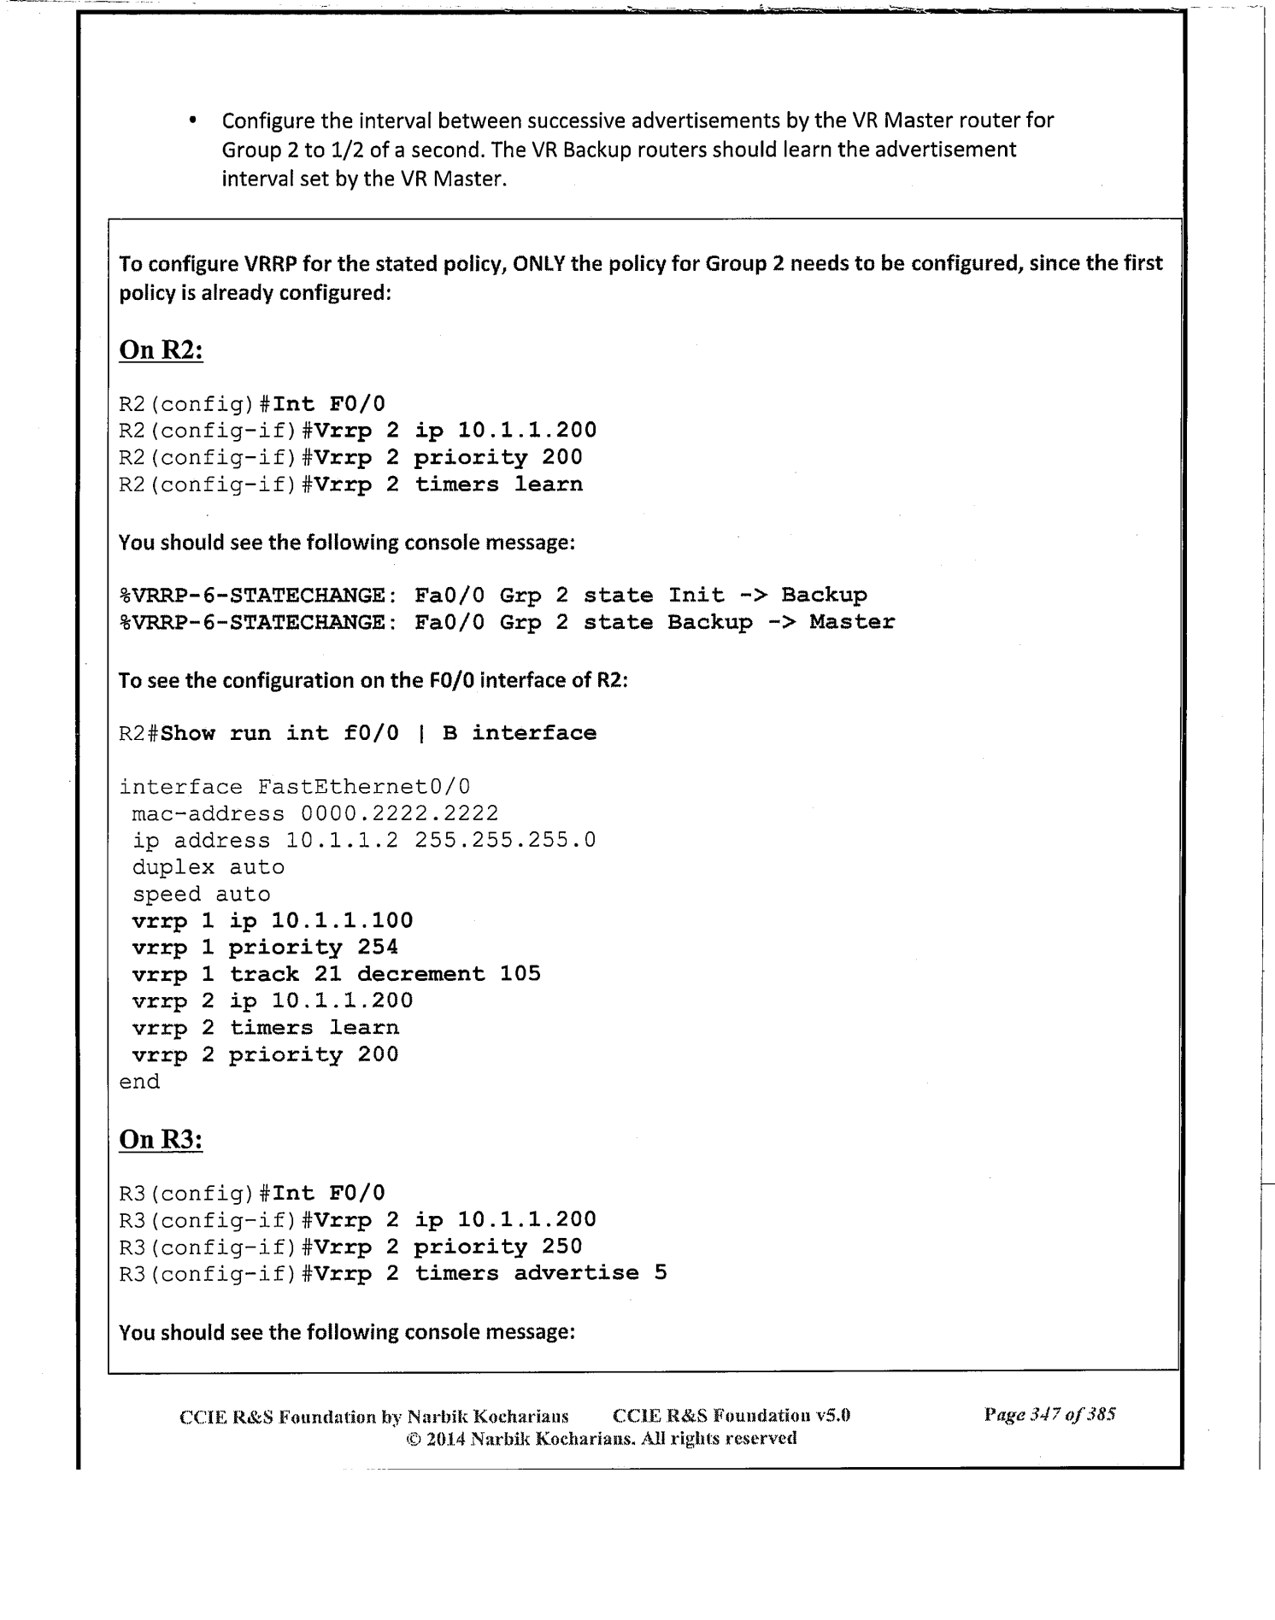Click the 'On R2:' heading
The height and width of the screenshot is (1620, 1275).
161,350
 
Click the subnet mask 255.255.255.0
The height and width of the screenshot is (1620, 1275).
505,841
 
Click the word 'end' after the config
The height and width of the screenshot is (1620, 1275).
139,1082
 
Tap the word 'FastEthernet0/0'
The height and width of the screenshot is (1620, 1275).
364,787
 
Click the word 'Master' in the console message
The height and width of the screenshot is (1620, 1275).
852,622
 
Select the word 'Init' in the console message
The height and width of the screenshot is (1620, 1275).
696,596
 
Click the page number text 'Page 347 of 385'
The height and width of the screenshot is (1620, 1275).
1049,1414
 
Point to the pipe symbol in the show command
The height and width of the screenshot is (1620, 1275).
420,734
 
